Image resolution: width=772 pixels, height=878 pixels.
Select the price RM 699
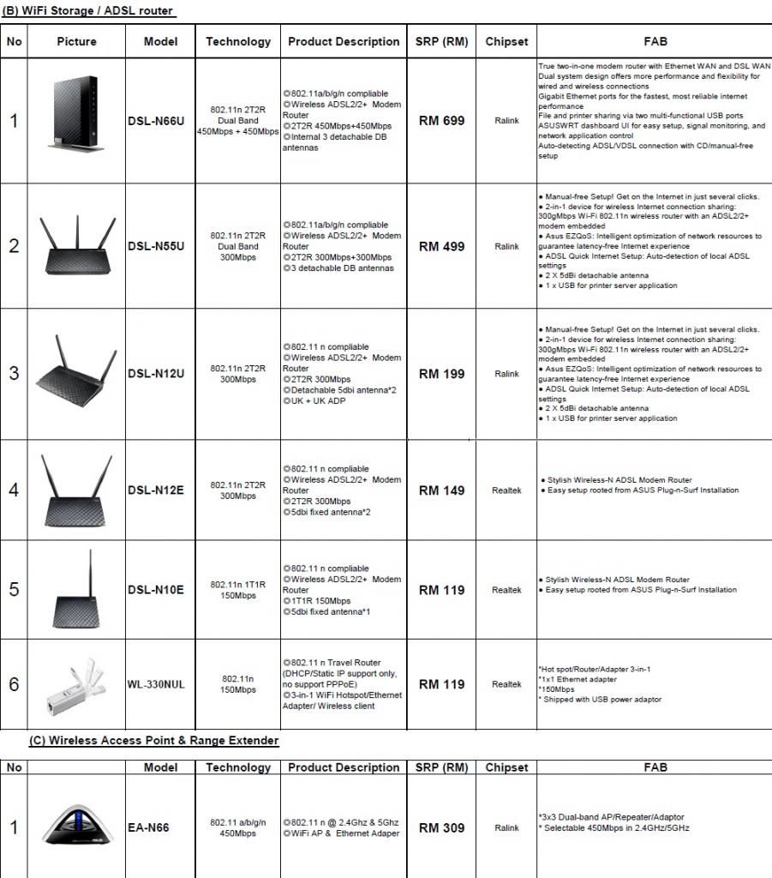(441, 121)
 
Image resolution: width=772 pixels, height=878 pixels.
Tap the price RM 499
(441, 246)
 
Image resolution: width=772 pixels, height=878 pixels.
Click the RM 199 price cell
(441, 374)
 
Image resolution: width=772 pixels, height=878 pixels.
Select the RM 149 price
(441, 490)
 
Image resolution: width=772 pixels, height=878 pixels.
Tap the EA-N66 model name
(148, 827)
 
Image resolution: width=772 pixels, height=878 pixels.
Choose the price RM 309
(441, 827)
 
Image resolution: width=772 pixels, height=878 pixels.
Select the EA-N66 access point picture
(77, 826)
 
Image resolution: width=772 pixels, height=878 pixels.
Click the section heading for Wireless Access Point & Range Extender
(153, 740)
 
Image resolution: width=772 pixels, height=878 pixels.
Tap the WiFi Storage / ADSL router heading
(88, 11)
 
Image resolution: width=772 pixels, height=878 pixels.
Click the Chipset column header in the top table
(506, 41)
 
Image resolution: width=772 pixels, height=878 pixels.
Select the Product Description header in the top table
(344, 41)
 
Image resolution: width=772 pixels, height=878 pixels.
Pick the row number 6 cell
(14, 684)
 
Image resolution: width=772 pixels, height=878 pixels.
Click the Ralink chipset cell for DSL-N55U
(506, 246)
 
